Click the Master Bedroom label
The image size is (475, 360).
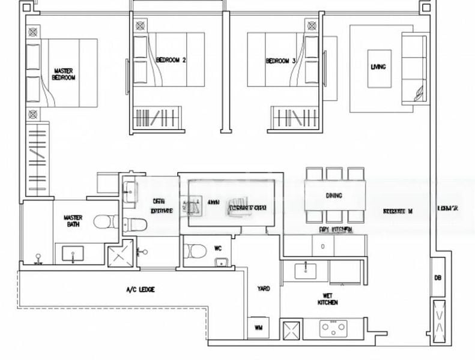point(64,74)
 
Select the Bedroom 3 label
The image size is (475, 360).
point(281,61)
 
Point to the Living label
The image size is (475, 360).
point(379,67)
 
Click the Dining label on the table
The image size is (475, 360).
point(334,196)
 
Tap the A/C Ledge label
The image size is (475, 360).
point(141,290)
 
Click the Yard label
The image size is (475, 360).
point(263,289)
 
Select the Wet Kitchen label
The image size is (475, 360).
point(328,299)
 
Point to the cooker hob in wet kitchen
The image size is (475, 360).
point(331,328)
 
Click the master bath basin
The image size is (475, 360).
point(73,255)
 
